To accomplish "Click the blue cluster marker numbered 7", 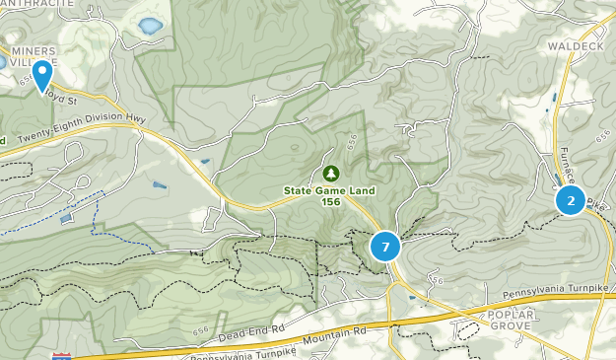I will pyautogui.click(x=385, y=247).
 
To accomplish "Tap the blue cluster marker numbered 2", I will pyautogui.click(x=571, y=200).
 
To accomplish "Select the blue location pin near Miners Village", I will pyautogui.click(x=42, y=74).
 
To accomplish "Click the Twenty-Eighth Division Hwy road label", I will pyautogui.click(x=82, y=129).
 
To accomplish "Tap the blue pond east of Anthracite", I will pyautogui.click(x=150, y=26).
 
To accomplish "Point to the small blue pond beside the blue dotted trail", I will pyautogui.click(x=65, y=219).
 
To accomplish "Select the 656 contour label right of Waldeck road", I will pyautogui.click(x=602, y=140).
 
